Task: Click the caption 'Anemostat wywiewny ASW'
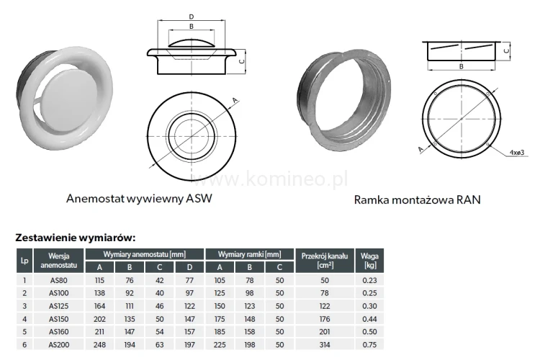point(140,198)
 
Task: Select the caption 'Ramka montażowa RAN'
point(417,199)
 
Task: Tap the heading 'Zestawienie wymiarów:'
point(76,237)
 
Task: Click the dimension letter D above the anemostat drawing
point(190,16)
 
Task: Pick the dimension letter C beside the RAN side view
point(507,51)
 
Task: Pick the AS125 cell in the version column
point(59,306)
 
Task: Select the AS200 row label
point(59,345)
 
